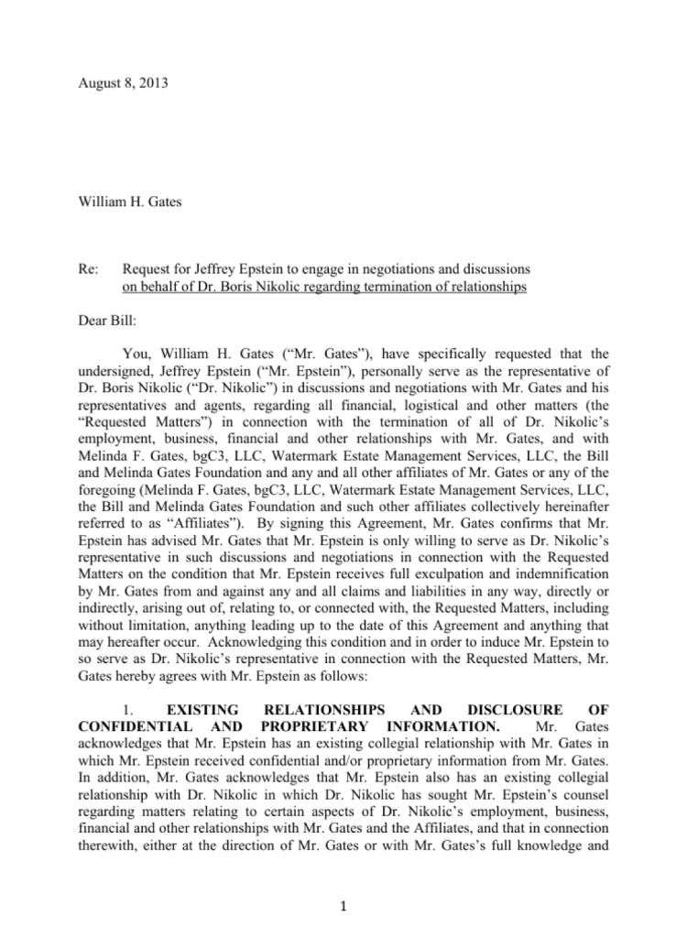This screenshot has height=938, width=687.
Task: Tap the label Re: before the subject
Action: click(x=90, y=269)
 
